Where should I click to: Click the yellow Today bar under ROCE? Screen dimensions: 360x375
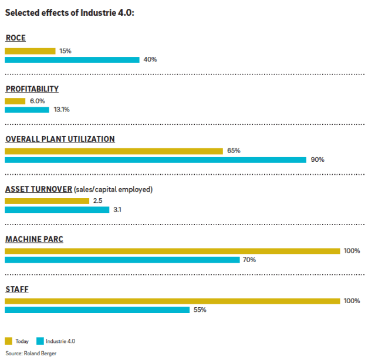click(x=30, y=51)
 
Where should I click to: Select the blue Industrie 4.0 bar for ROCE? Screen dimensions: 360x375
click(x=72, y=59)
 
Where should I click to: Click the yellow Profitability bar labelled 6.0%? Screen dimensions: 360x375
click(x=15, y=101)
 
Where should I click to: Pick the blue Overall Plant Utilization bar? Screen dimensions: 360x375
click(x=156, y=159)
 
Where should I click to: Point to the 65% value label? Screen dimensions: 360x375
click(x=234, y=151)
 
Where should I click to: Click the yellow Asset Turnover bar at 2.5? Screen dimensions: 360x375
click(x=47, y=201)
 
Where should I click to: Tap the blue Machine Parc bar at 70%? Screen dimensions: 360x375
click(x=122, y=260)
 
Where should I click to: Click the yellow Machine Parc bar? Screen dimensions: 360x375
click(x=173, y=251)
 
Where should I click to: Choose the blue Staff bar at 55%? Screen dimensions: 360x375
click(x=97, y=310)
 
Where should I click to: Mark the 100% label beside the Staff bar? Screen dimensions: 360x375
click(x=352, y=301)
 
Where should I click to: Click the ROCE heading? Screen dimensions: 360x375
click(x=16, y=39)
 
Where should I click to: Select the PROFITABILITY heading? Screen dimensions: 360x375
click(x=32, y=89)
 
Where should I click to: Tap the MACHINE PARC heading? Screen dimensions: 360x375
click(x=34, y=239)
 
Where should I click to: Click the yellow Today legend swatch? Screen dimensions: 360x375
click(x=9, y=341)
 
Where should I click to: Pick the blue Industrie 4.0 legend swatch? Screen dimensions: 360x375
click(x=40, y=341)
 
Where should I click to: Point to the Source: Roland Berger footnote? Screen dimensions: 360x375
click(x=31, y=353)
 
